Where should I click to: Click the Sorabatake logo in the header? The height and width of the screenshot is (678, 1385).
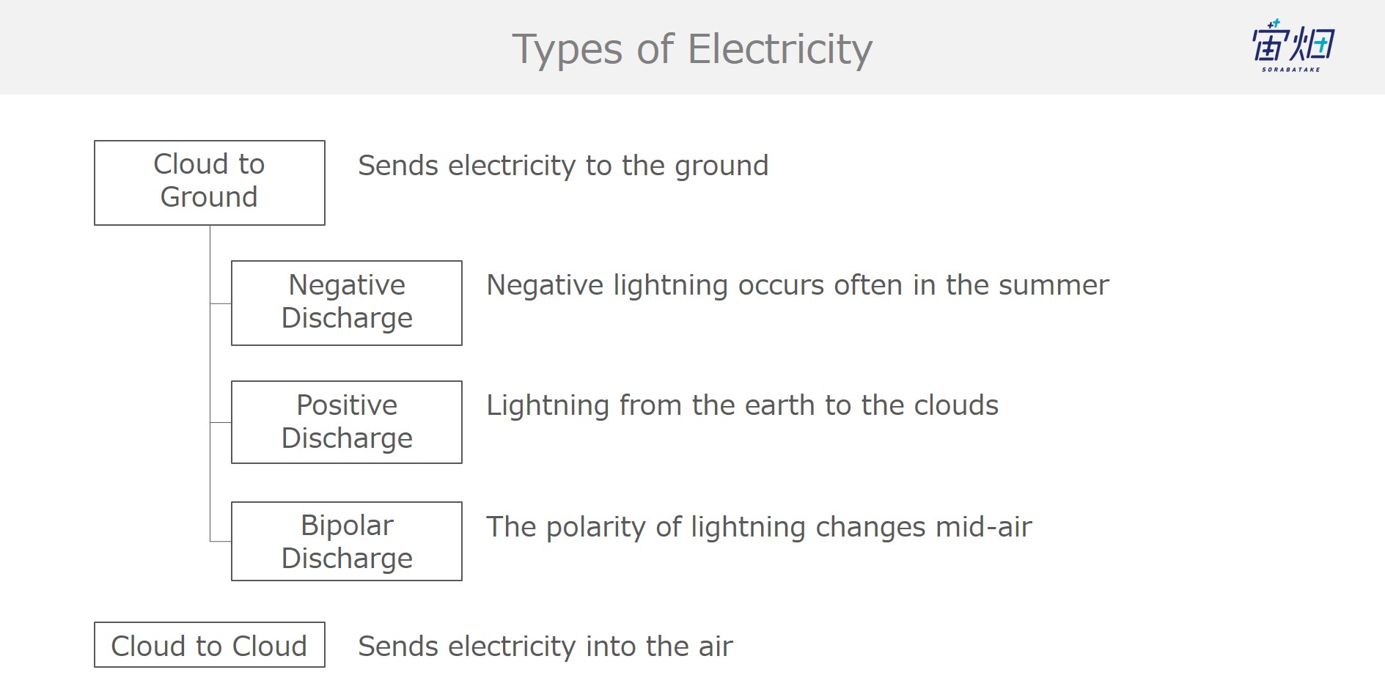1293,45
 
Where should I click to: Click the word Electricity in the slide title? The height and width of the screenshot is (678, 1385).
780,50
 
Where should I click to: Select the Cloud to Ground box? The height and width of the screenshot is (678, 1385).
210,183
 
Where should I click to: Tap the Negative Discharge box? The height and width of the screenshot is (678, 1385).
347,303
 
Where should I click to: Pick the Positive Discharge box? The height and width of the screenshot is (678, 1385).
347,422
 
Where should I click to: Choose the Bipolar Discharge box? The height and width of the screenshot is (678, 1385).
347,542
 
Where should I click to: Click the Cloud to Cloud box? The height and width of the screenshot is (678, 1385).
210,645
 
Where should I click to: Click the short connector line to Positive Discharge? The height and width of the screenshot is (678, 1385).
221,422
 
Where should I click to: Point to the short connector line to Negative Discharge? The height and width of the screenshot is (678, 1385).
221,303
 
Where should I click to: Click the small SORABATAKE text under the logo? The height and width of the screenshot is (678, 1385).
1291,70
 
